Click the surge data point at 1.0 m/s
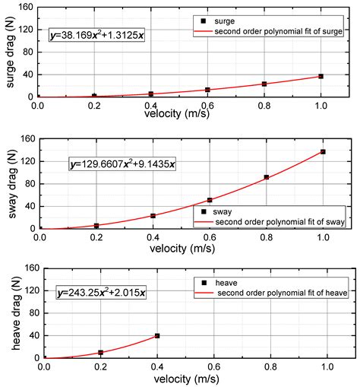321,76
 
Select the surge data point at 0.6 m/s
208,90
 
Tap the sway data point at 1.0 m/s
323,152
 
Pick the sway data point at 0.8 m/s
266,177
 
